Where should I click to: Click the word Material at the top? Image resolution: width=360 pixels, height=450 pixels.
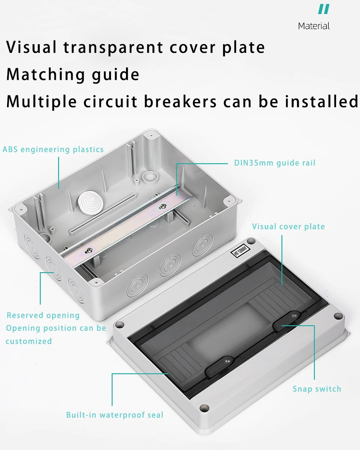pos(314,26)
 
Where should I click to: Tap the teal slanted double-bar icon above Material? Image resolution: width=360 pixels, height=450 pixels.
pos(324,9)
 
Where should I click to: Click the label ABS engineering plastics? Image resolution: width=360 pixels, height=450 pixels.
pos(53,149)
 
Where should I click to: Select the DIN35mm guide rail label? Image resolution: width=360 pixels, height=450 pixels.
pos(275,163)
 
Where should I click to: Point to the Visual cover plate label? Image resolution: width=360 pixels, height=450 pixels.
pos(288,226)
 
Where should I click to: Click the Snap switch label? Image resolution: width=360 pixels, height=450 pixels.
pos(317,389)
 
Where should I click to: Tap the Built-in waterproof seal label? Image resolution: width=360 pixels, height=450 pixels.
pos(115,415)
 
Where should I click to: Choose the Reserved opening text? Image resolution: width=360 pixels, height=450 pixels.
pos(43,315)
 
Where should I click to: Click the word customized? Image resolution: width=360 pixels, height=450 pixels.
pos(28,341)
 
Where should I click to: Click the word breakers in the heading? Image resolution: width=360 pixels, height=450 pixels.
pos(180,101)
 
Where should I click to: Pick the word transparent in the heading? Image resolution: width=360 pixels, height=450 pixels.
pos(113,47)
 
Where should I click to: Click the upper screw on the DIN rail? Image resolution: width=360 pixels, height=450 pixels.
pos(163,206)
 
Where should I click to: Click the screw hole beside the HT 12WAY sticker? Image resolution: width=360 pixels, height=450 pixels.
pos(251,241)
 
